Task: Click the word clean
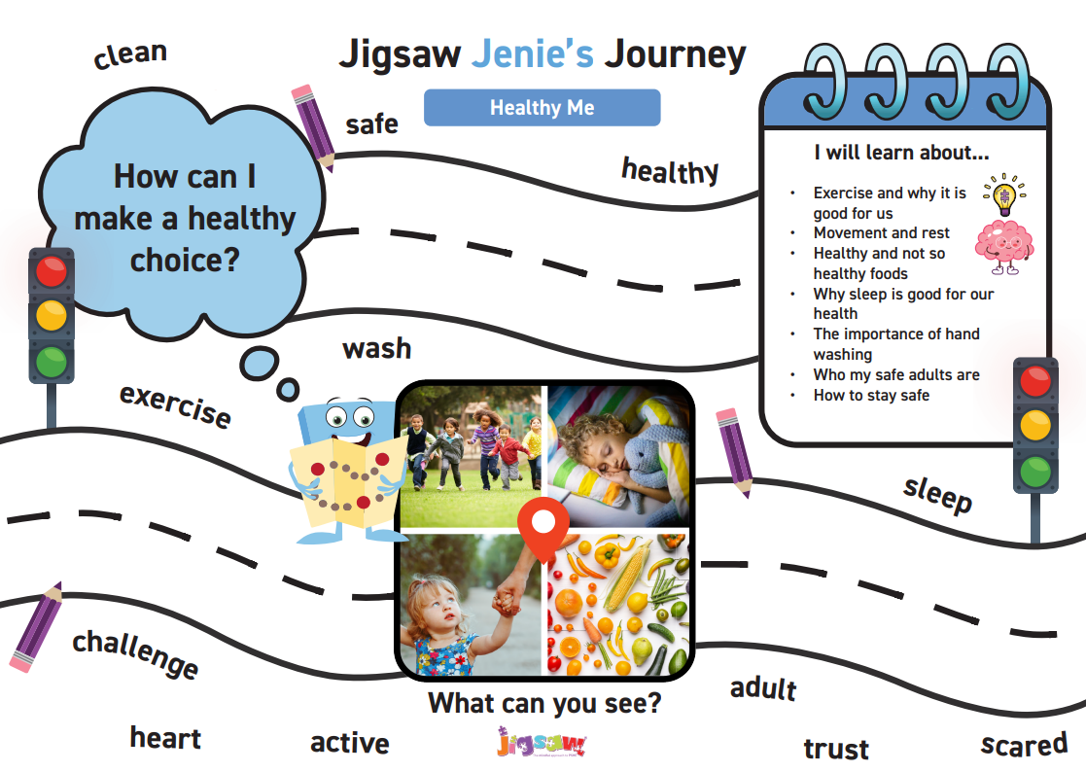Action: click(130, 54)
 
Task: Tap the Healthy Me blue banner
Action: click(542, 107)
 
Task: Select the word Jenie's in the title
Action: click(533, 54)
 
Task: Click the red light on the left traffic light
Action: click(52, 270)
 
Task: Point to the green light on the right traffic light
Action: click(1035, 473)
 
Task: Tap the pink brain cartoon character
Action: click(1004, 247)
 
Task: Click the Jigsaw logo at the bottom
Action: click(542, 742)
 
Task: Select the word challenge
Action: click(136, 653)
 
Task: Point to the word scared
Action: click(1024, 745)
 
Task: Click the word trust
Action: click(836, 749)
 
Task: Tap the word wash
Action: click(377, 348)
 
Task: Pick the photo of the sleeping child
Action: click(618, 457)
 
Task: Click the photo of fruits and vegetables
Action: click(618, 604)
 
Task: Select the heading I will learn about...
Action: click(901, 153)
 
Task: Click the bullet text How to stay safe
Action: click(871, 396)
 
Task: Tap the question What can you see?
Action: click(544, 704)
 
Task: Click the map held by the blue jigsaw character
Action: click(348, 481)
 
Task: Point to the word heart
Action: click(165, 738)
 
